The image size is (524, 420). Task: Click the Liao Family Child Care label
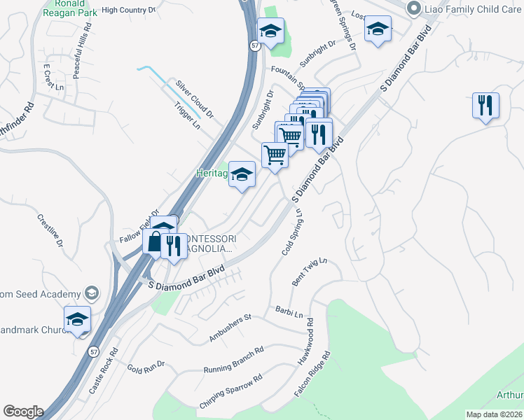[x=470, y=8]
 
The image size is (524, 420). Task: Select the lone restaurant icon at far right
[x=485, y=106]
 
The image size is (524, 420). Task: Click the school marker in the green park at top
[x=270, y=31]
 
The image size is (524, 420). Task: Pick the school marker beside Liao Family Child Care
[x=378, y=30]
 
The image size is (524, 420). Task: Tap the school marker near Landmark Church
[x=78, y=320]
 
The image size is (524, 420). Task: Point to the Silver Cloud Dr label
[x=195, y=97]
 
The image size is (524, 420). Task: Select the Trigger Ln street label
[x=187, y=116]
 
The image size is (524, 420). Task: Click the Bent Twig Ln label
[x=309, y=272]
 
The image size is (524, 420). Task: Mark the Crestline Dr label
[x=50, y=233]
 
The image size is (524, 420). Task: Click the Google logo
[x=22, y=412]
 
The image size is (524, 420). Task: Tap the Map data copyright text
[x=494, y=414]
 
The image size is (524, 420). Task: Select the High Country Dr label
[x=128, y=10]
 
